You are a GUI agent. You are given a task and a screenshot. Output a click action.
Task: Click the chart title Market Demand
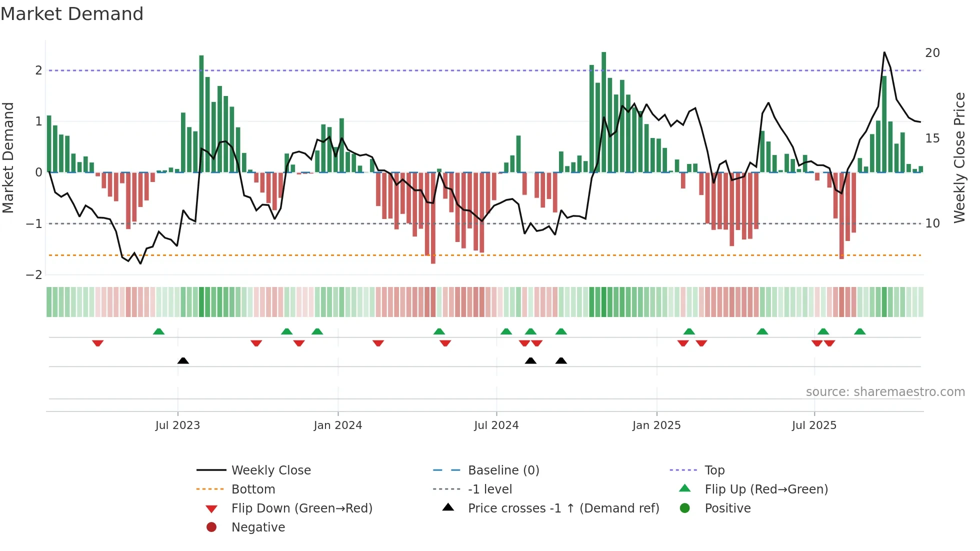72,14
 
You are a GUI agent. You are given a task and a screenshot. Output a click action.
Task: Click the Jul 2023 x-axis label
177,425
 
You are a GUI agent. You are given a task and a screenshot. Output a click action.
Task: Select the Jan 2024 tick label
337,425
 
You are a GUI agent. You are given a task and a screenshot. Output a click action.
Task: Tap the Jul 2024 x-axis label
496,425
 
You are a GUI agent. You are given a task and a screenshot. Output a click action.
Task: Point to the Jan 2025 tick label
656,425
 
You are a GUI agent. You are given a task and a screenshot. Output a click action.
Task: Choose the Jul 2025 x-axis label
814,425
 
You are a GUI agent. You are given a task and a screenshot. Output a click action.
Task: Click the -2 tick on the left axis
34,275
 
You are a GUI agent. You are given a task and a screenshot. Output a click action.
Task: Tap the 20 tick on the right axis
932,53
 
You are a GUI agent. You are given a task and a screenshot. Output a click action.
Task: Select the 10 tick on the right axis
932,223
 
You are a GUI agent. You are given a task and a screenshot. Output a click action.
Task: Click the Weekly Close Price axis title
959,157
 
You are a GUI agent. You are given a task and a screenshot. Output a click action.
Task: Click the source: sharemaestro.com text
885,392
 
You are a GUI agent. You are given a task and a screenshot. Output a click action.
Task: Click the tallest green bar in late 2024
603,112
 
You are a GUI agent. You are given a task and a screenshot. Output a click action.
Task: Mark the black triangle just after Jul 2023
183,360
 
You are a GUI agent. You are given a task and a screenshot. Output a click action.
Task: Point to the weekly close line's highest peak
884,52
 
